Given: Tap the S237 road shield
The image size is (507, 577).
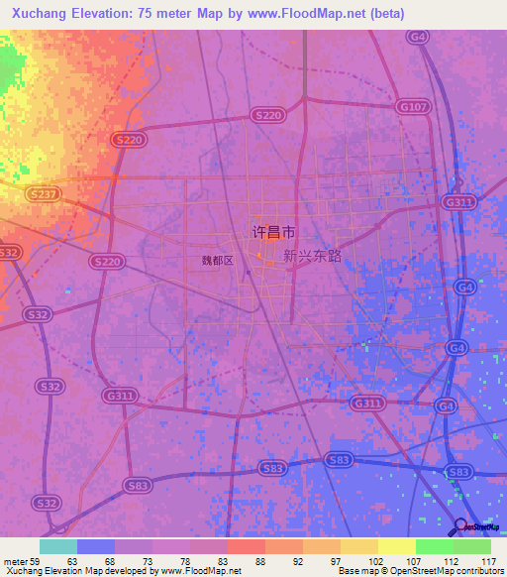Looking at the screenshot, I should click(44, 195).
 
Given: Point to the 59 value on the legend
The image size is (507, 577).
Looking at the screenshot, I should click(39, 561).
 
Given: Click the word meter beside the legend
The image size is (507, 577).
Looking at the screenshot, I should click(16, 561).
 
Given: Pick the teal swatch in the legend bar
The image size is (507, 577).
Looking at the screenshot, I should click(58, 546).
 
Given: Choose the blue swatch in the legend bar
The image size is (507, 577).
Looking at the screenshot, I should click(96, 546).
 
